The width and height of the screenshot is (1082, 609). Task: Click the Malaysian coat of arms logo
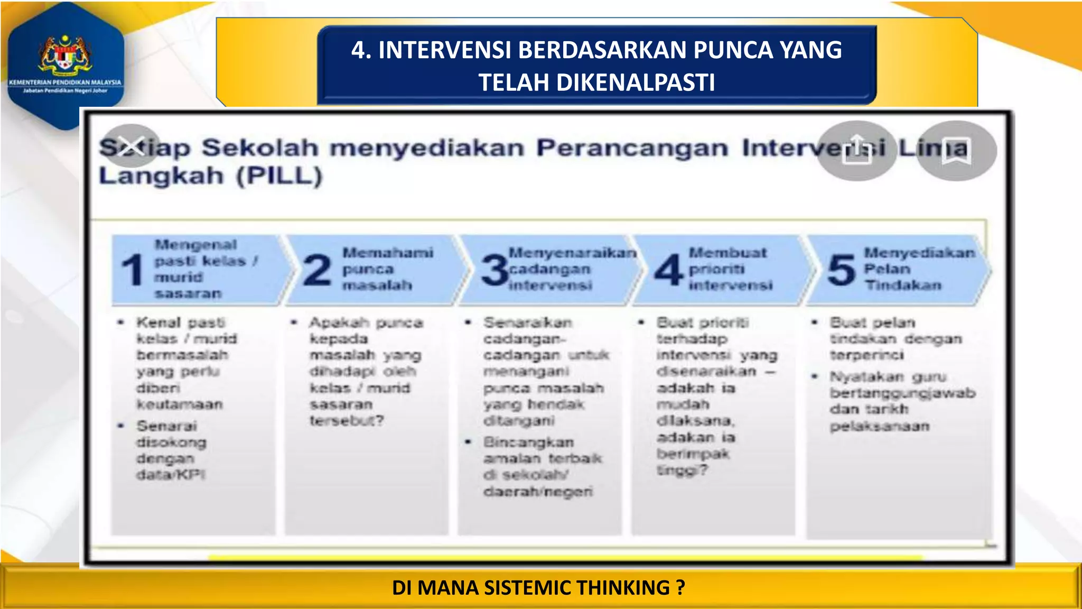65,54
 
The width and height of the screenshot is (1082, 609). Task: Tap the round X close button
130,146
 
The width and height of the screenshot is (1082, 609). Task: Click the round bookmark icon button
956,151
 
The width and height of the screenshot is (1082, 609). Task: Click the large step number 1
132,270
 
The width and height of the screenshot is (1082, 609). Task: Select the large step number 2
317,270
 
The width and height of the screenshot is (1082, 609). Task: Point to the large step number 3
495,270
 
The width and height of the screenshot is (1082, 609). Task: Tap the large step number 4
669,270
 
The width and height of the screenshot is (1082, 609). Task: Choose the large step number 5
841,270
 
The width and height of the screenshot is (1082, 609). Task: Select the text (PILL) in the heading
279,176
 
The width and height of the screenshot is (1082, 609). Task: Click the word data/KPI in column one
171,475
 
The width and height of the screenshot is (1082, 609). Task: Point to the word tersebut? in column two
347,421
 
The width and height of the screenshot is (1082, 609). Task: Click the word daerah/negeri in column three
538,492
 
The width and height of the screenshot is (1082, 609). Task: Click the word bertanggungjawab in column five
902,393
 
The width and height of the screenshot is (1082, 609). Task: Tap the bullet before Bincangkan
468,442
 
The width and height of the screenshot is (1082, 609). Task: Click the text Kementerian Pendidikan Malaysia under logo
65,82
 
